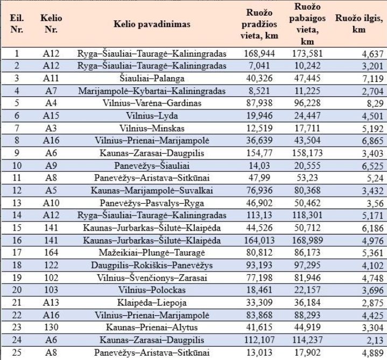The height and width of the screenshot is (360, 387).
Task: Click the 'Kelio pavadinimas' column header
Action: [152, 24]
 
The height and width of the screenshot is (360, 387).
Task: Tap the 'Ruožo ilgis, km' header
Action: [359, 24]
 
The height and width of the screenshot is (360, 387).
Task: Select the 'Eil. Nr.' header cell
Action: [17, 24]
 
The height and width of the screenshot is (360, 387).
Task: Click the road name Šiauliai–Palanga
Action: [152, 78]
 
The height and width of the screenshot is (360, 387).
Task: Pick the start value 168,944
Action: [259, 53]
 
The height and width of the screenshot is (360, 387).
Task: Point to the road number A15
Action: [51, 116]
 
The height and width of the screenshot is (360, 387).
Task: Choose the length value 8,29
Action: [375, 103]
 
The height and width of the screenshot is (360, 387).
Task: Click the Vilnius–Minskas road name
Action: [152, 128]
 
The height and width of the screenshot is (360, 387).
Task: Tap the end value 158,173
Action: [307, 153]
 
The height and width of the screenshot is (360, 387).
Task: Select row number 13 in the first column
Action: [17, 203]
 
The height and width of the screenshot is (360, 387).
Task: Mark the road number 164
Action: [51, 253]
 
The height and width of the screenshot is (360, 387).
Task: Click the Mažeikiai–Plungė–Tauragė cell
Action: [152, 253]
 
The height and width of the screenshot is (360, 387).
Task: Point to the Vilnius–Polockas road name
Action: [152, 290]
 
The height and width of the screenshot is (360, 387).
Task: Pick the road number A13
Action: [51, 302]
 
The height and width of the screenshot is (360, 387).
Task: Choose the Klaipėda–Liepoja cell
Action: [152, 303]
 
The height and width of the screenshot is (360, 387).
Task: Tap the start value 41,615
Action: [259, 327]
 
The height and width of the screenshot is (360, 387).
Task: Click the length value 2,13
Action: [375, 340]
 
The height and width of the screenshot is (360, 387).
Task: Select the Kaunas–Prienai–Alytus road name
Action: [152, 327]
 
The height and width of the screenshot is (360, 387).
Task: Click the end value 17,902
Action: [307, 352]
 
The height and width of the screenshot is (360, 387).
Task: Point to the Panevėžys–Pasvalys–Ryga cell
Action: [152, 203]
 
